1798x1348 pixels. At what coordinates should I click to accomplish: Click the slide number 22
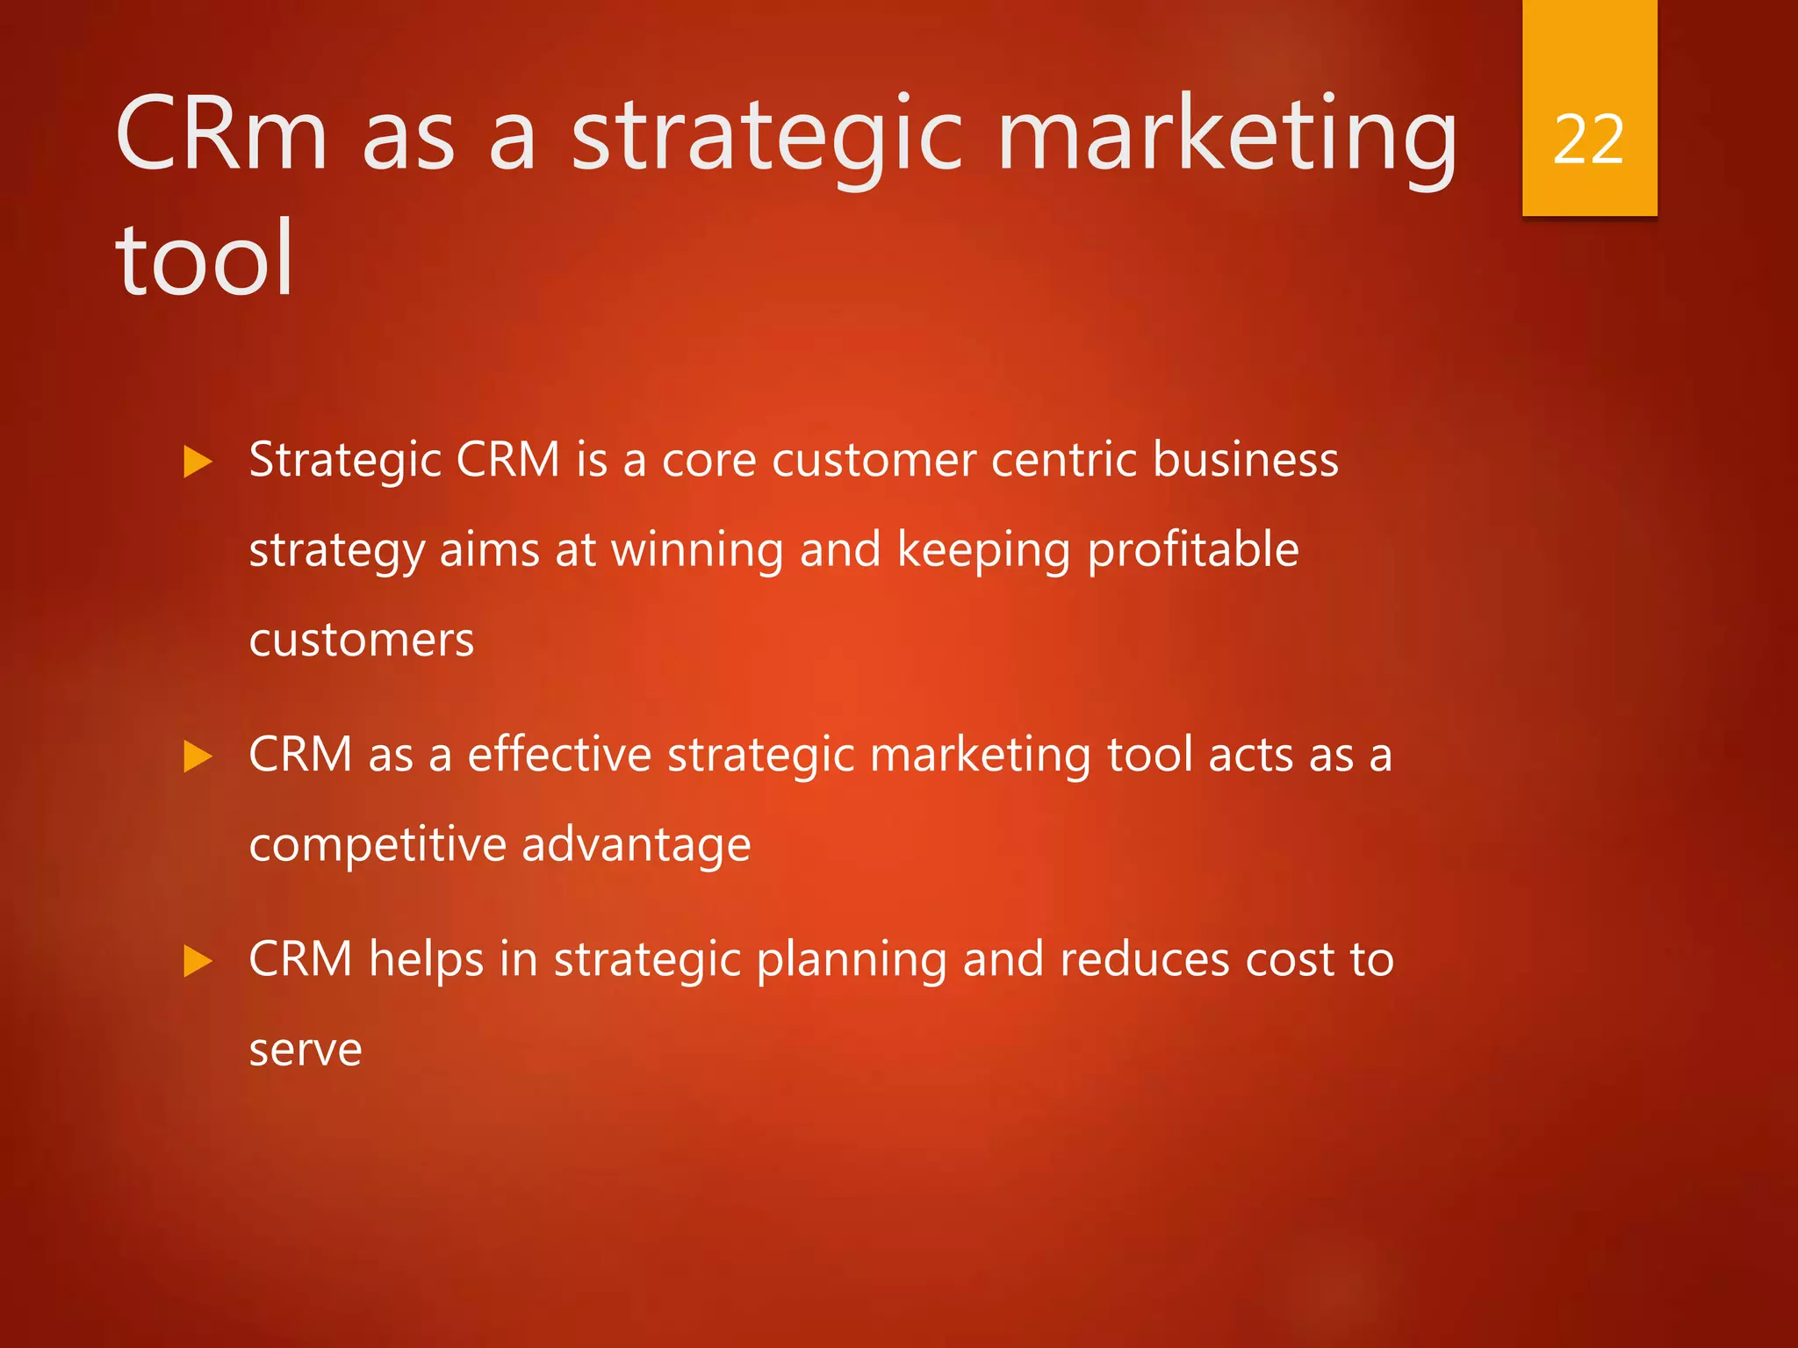(x=1588, y=140)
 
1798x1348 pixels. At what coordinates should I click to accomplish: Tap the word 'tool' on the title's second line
(x=205, y=260)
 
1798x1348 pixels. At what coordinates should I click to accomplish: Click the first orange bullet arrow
(x=198, y=462)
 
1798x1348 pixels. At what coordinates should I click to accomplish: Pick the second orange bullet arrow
(x=198, y=756)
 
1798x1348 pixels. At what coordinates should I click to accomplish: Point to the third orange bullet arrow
(x=198, y=961)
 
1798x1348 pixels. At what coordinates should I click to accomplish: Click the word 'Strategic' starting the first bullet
(x=344, y=461)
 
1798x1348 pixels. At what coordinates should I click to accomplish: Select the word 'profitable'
(x=1193, y=551)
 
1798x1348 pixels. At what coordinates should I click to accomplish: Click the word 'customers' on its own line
(x=361, y=640)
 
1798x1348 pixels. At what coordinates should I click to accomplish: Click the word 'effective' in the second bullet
(x=559, y=755)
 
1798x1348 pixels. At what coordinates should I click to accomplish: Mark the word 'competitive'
(x=378, y=846)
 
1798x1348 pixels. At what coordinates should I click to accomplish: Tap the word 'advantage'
(x=636, y=846)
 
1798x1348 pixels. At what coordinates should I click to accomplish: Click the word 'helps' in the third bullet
(x=426, y=960)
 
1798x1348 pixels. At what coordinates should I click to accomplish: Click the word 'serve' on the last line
(x=305, y=1050)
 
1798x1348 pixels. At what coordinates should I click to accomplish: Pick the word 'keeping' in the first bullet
(x=983, y=551)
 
